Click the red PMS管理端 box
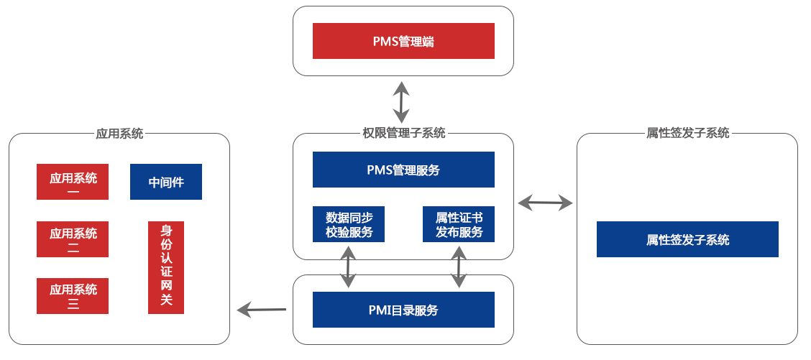pos(403,41)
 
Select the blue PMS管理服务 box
pos(403,170)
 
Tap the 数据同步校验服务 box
pos(349,224)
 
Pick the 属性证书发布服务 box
pos(459,224)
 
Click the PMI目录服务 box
pos(403,310)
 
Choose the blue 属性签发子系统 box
pos(687,239)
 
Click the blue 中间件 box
pos(166,182)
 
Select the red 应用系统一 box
pos(73,182)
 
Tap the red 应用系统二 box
pos(73,239)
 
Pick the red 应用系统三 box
pos(73,296)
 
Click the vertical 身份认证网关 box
pos(166,267)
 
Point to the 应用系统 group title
pos(119,134)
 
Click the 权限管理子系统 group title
pos(403,133)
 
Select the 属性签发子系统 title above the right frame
pos(687,133)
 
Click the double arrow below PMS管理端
pos(401,102)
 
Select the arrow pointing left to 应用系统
pos(262,310)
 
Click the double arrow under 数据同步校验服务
pos(349,267)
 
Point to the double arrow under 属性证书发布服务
pos(459,267)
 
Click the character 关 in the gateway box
pos(166,300)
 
